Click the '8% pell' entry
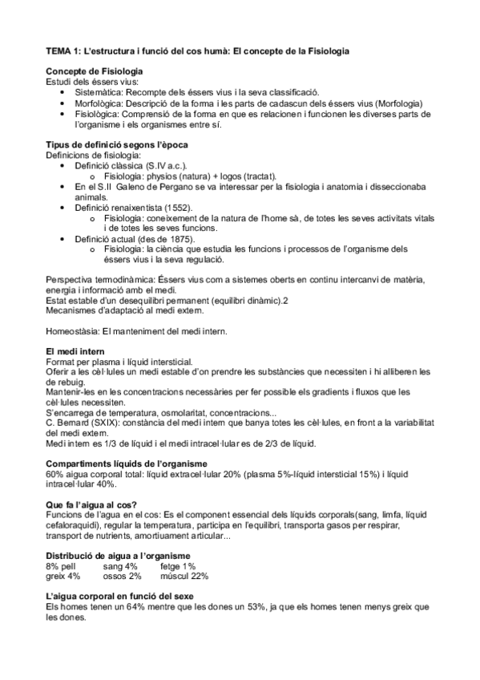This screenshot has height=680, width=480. point(64,565)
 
